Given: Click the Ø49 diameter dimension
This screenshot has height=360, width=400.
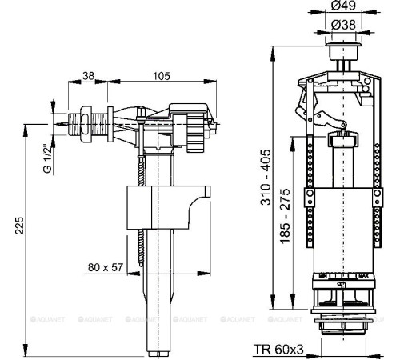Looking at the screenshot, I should coord(346,8).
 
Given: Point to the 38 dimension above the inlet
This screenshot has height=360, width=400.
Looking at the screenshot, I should coord(88,75).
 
